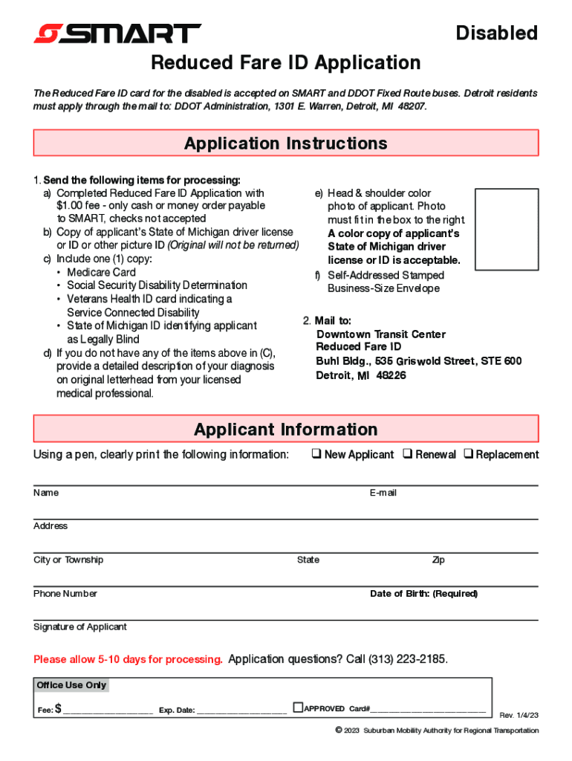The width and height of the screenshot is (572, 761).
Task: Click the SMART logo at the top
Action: coord(117,33)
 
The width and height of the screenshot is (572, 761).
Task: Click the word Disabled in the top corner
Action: coord(496,33)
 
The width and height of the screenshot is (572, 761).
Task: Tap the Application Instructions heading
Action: coord(286,143)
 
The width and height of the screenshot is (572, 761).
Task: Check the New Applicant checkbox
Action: coord(316,454)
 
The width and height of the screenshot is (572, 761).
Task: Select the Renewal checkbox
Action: coord(408,454)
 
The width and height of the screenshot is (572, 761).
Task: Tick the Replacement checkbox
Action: coord(468,454)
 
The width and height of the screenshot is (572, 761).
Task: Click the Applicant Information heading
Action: coord(286,429)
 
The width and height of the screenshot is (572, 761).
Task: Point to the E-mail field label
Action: coord(383,493)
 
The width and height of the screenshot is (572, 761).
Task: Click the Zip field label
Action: coord(438,560)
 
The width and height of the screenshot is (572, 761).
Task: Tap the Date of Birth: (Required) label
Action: coord(423,593)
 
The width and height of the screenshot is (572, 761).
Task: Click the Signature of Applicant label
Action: coord(80,626)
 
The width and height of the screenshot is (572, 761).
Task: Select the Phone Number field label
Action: coord(65,593)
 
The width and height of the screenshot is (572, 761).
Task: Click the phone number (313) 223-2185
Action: coord(408,659)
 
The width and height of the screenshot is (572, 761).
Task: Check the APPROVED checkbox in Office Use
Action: coord(298,707)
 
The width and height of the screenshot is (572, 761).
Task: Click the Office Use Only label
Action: coord(71,684)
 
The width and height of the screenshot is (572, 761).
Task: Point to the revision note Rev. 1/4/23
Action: coord(519,715)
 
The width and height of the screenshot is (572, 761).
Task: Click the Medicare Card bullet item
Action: coord(102,272)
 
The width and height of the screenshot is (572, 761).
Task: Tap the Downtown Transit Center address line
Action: coord(381,334)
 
